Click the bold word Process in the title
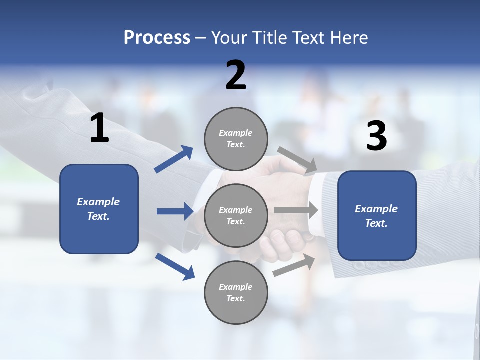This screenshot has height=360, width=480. click(x=157, y=38)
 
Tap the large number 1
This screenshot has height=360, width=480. click(x=99, y=128)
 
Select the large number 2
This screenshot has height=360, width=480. click(x=236, y=75)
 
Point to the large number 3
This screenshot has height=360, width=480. click(x=376, y=136)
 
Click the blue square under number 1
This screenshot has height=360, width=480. click(x=99, y=209)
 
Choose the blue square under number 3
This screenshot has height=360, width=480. click(x=377, y=215)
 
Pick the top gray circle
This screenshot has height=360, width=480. click(x=236, y=139)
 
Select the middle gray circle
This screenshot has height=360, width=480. click(x=236, y=215)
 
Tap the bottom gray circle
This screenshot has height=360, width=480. click(x=236, y=292)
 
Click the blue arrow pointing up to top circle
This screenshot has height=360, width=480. click(x=174, y=159)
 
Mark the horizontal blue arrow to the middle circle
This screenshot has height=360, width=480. click(x=175, y=211)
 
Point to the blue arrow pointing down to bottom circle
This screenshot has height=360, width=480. click(x=175, y=266)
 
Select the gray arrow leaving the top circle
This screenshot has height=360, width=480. click(x=297, y=160)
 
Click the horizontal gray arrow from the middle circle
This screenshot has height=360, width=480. click(x=296, y=210)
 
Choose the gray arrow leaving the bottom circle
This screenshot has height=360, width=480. click(x=294, y=265)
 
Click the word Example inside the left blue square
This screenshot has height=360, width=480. click(x=98, y=202)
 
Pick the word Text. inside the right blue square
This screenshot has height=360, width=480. click(x=376, y=223)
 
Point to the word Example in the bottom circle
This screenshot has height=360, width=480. click(x=236, y=287)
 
